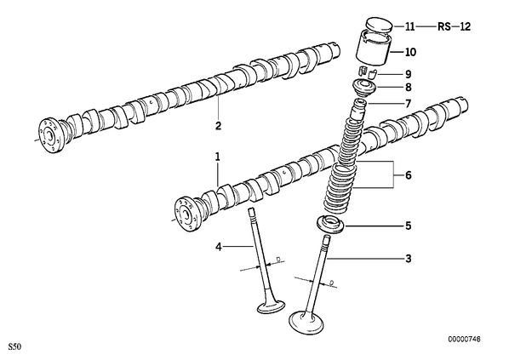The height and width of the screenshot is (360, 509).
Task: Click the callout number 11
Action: tap(410, 26)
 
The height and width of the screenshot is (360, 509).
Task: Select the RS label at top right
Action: tap(444, 26)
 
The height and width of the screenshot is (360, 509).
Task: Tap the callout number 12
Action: tap(465, 26)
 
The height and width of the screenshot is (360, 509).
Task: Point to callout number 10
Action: tap(410, 52)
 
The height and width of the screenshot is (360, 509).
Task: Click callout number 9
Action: tap(408, 74)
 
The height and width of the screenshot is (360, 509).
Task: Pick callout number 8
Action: tap(408, 88)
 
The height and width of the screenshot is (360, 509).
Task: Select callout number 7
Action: tap(408, 104)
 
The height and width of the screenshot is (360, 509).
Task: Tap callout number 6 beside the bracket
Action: tap(408, 175)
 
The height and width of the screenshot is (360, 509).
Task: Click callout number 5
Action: tap(408, 226)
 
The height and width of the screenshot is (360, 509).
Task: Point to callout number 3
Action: tap(408, 259)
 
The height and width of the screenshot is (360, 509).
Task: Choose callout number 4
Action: tap(219, 247)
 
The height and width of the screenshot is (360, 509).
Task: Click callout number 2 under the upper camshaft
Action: tap(218, 126)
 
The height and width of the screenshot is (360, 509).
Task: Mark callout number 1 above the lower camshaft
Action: tap(218, 157)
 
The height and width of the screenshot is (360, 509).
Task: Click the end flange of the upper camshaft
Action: tap(49, 135)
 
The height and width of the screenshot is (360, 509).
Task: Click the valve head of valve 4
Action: tap(272, 306)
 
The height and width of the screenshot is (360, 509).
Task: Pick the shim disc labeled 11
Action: tap(379, 26)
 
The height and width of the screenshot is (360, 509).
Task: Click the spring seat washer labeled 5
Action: tap(329, 225)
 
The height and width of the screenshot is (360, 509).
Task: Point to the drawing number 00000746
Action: tap(464, 340)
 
